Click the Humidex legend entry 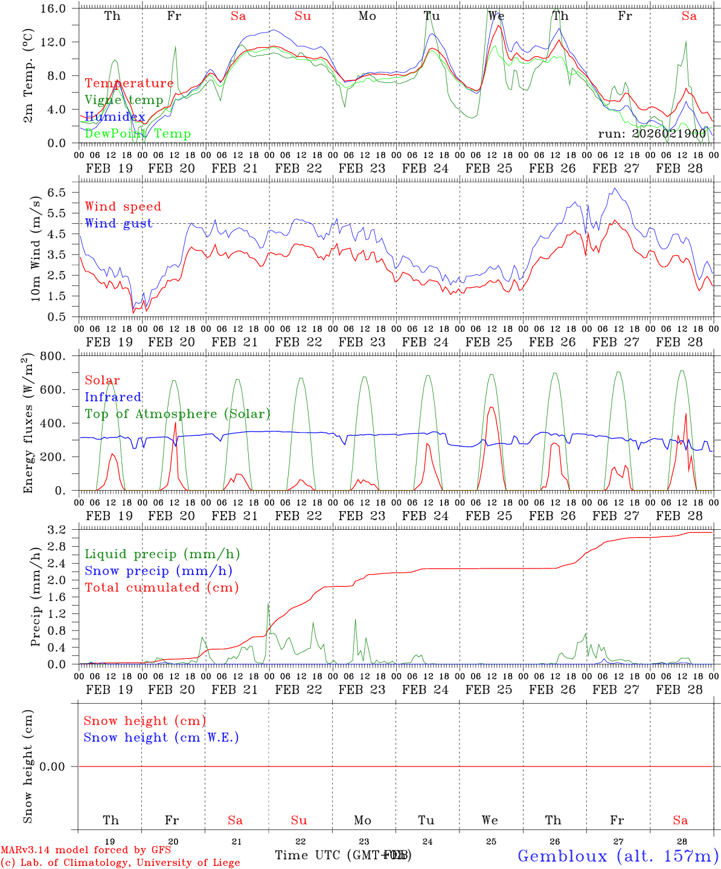click(115, 117)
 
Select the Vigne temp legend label click(124, 100)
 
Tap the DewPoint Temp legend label click(138, 134)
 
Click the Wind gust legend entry click(118, 223)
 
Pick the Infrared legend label click(113, 397)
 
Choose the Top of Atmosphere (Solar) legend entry click(178, 414)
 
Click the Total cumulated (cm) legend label click(161, 587)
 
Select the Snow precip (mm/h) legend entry click(158, 571)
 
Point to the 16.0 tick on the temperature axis click(59, 8)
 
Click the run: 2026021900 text click(652, 133)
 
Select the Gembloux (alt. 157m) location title click(617, 856)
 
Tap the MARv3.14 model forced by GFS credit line click(86, 850)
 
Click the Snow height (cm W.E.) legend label click(161, 737)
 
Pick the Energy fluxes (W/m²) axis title click(28, 424)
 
